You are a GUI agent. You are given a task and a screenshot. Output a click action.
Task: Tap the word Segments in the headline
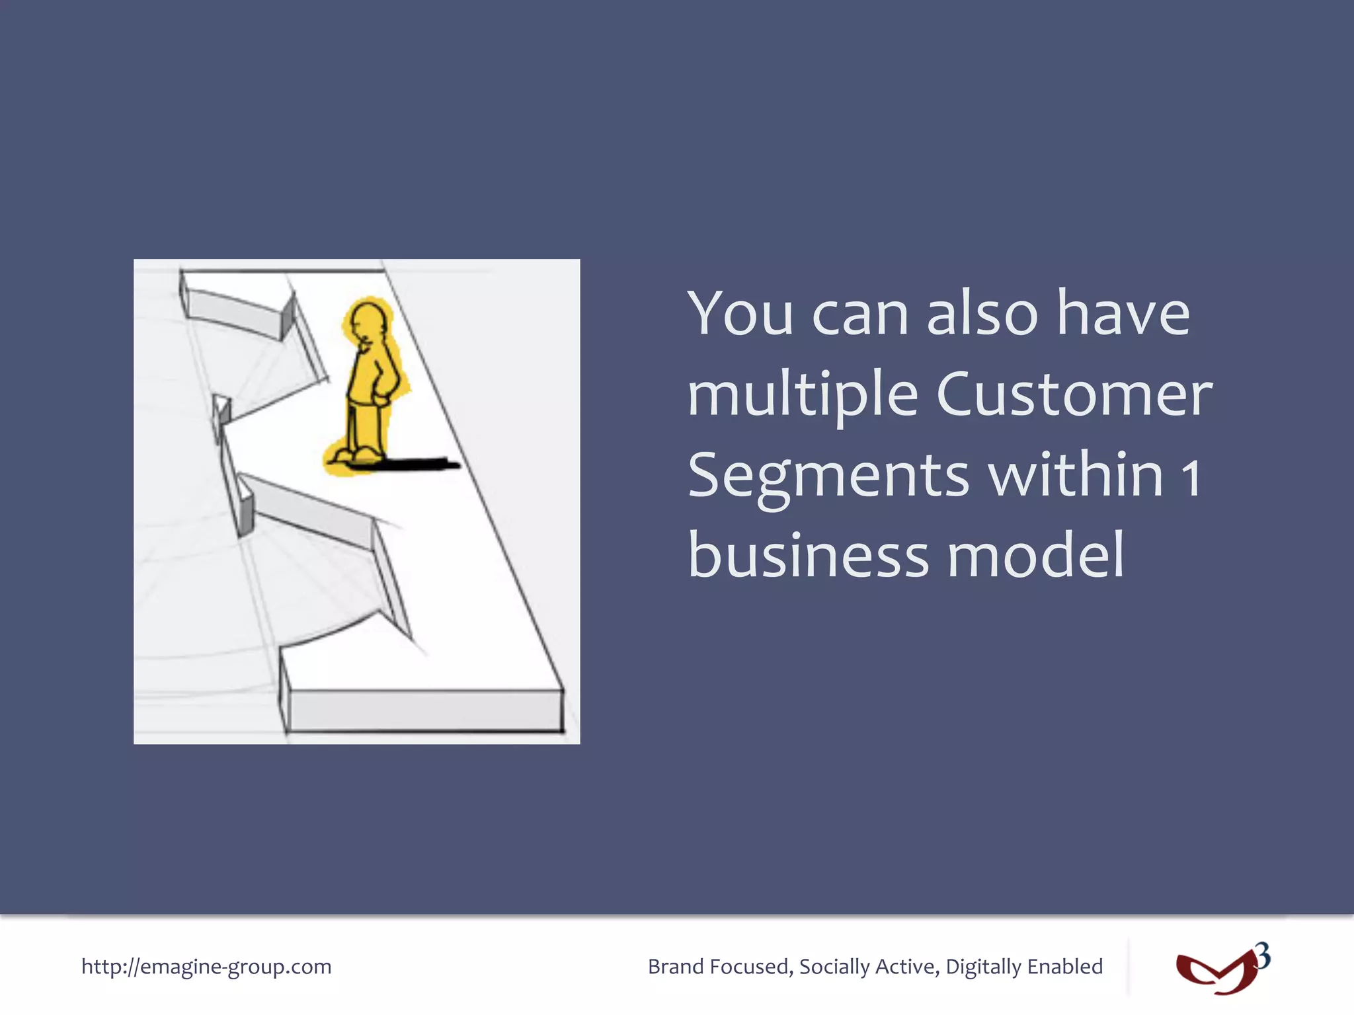pyautogui.click(x=828, y=477)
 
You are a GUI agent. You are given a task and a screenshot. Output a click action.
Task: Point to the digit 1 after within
pyautogui.click(x=1191, y=477)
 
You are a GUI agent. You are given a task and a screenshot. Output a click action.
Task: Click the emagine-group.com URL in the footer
pyautogui.click(x=206, y=966)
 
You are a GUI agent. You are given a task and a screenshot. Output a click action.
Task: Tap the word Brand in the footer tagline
pyautogui.click(x=676, y=966)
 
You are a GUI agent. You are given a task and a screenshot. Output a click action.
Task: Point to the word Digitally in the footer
pyautogui.click(x=984, y=967)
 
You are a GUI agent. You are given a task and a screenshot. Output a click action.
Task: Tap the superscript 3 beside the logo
pyautogui.click(x=1262, y=956)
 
